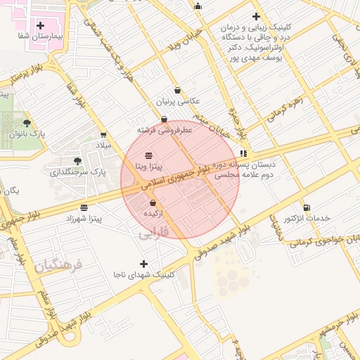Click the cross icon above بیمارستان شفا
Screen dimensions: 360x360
click(41, 25)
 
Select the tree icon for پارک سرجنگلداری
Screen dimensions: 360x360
click(77, 160)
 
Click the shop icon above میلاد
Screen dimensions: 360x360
click(104, 134)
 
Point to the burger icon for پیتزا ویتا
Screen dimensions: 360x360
click(149, 155)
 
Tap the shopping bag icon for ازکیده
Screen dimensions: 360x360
click(153, 202)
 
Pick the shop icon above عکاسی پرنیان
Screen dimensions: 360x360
click(176, 90)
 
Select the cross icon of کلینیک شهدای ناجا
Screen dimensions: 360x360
click(144, 264)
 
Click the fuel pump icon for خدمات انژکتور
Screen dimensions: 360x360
click(307, 207)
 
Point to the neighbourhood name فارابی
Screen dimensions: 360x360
click(154, 231)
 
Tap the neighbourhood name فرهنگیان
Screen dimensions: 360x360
click(58, 266)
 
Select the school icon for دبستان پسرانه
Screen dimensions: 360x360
click(243, 153)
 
